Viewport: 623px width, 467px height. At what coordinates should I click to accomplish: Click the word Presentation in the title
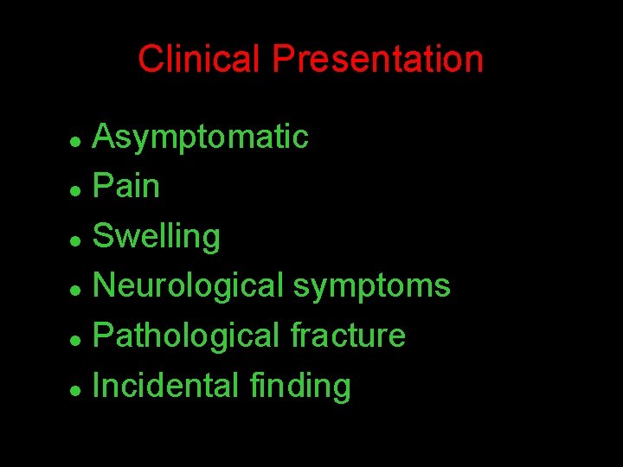[x=377, y=60]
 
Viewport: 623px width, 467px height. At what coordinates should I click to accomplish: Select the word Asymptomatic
[x=200, y=137]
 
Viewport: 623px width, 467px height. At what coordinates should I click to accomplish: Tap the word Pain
[x=126, y=186]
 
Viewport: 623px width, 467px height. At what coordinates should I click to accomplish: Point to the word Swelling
[x=157, y=236]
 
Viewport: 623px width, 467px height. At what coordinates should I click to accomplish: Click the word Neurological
[x=188, y=285]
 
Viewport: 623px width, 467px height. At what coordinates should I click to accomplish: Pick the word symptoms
[x=371, y=286]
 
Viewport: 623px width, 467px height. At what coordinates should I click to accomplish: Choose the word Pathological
[x=186, y=336]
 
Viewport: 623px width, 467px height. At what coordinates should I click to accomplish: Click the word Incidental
[x=164, y=386]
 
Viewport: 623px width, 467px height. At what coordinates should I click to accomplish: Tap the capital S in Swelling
[x=103, y=235]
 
